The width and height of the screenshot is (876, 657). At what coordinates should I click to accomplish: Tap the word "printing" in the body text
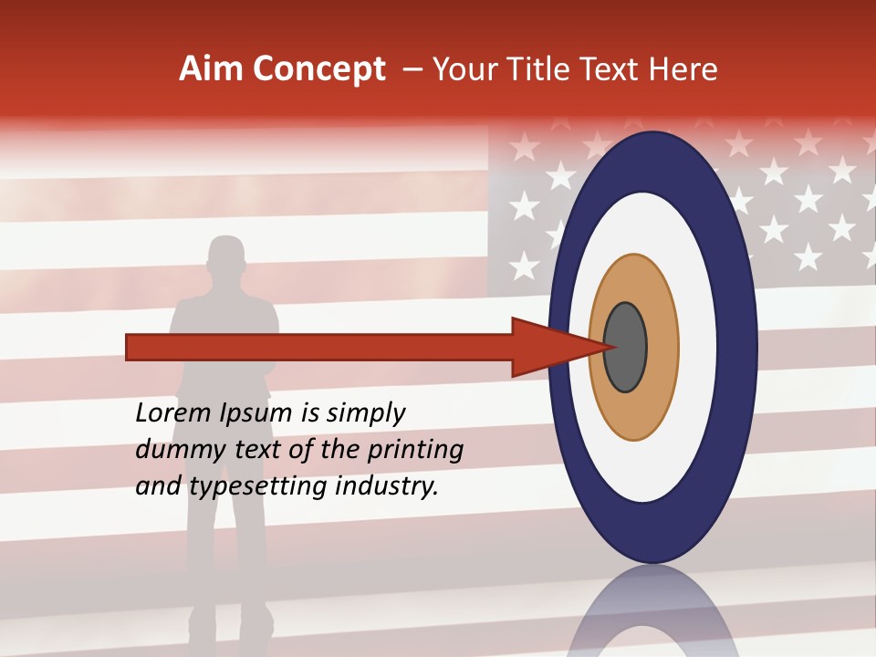point(414,451)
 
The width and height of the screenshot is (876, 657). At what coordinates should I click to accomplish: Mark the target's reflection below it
point(653,616)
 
